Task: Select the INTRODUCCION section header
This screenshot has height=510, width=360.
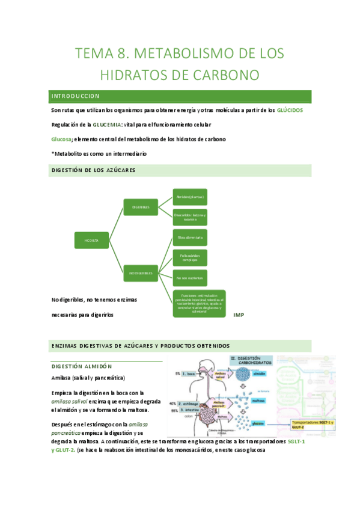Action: [x=75, y=96]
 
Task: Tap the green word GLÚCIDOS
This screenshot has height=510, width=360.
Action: [x=294, y=111]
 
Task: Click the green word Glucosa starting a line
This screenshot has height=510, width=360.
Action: [x=61, y=139]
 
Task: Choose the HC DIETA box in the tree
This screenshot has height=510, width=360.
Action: [x=92, y=241]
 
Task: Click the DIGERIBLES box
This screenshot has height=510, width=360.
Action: [x=140, y=207]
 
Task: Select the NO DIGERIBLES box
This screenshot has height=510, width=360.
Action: [x=140, y=273]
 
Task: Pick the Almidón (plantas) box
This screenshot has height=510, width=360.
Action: [x=190, y=197]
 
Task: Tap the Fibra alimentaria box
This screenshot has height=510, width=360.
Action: [x=190, y=238]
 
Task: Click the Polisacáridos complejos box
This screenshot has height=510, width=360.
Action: [x=190, y=258]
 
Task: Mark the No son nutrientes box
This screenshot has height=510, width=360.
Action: [x=190, y=278]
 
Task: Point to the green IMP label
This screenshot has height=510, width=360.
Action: [x=238, y=315]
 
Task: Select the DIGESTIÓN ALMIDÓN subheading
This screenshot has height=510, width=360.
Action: [x=81, y=366]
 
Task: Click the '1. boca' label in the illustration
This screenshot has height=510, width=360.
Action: [x=191, y=373]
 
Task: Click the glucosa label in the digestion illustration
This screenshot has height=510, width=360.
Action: [x=258, y=422]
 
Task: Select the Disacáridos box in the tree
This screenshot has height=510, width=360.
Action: [x=190, y=217]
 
